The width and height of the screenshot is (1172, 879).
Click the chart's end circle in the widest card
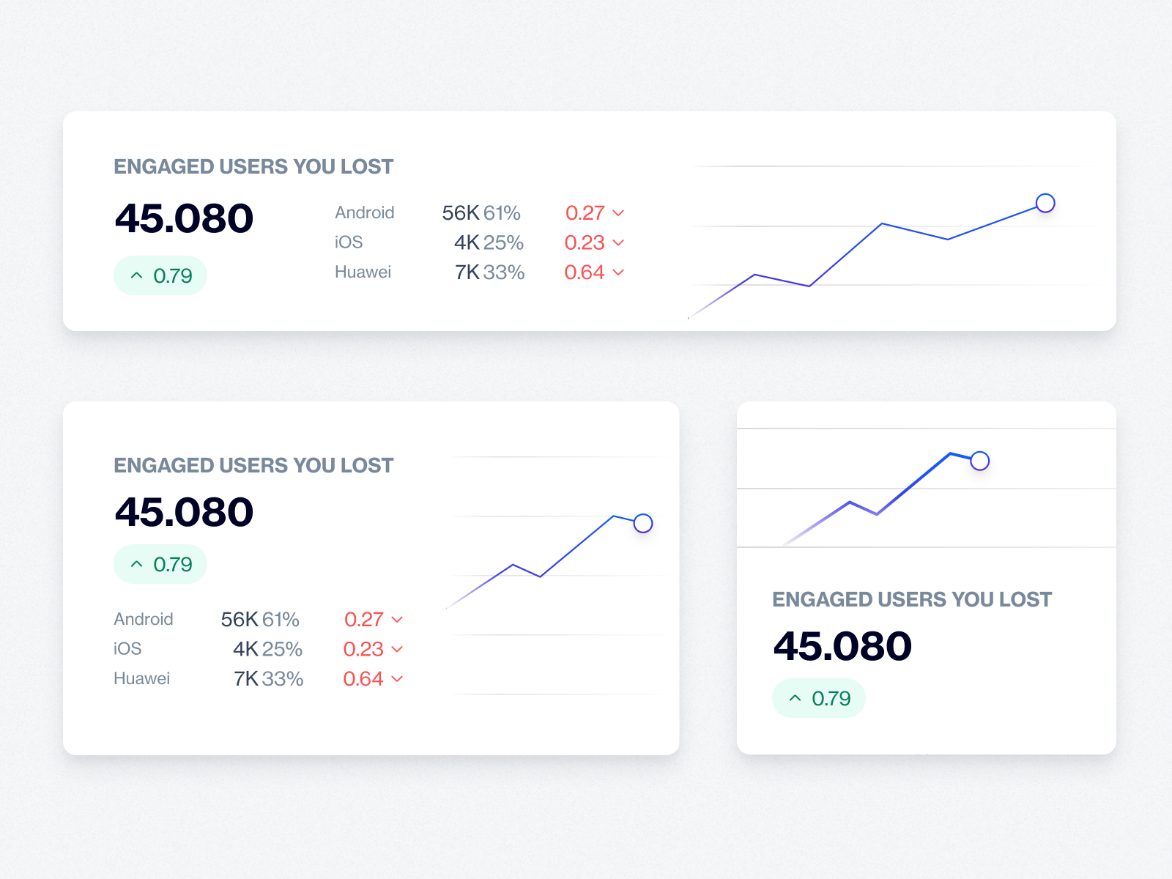coord(1045,203)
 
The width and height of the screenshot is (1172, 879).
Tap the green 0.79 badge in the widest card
coord(160,276)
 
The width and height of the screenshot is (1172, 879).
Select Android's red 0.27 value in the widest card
coord(585,213)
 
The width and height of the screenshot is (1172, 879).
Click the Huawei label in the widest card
coord(363,272)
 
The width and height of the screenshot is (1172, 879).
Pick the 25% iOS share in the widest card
coord(503,242)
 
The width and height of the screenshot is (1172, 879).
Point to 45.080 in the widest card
coord(184,218)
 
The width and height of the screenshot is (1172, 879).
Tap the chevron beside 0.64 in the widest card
coord(618,272)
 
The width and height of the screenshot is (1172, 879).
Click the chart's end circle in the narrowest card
coord(979,461)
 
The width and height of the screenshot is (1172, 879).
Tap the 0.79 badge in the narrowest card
coord(819,699)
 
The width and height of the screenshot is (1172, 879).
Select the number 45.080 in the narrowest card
coord(842,646)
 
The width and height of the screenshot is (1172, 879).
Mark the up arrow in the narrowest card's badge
coord(795,699)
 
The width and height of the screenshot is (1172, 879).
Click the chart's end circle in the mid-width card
coord(643,523)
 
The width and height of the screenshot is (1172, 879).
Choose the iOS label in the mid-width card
coord(127,649)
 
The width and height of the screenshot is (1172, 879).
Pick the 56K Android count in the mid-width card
coord(240,620)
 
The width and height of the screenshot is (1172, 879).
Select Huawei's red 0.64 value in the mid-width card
coord(363,679)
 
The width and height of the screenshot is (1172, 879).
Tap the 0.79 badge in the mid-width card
coord(160,565)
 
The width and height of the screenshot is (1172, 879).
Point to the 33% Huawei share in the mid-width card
coord(283,679)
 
